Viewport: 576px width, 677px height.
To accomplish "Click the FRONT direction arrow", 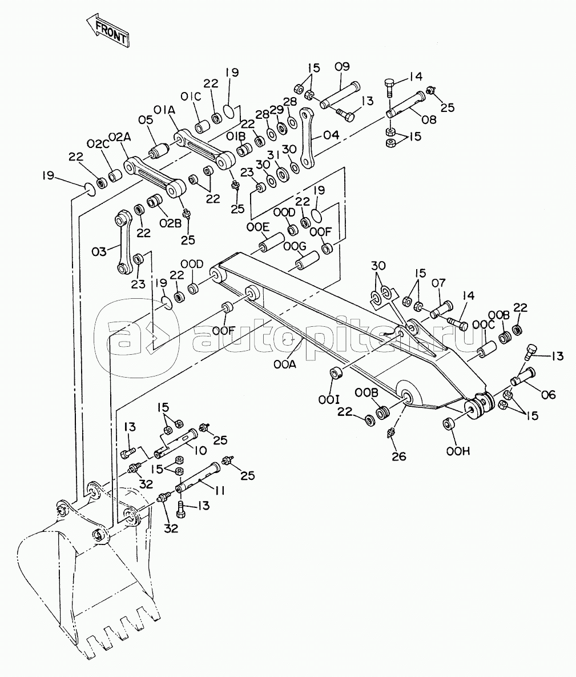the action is point(107,31).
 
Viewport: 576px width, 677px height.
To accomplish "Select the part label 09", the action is point(342,67).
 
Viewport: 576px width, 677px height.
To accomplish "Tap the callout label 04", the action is point(331,135).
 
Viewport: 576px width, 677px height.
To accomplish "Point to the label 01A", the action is point(164,111).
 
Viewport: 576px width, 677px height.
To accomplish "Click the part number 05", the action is point(146,119).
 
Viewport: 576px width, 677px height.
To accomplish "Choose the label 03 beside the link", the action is point(99,252).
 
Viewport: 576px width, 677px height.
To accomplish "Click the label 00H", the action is point(458,451).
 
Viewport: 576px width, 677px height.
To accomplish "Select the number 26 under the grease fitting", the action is point(399,456).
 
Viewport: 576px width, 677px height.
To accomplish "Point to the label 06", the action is point(548,395).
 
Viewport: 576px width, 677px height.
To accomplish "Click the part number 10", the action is point(200,450).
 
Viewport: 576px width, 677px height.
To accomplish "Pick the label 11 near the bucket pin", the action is point(220,491).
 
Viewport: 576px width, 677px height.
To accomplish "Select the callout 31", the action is point(273,155).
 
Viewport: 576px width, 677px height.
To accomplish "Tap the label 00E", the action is point(258,227).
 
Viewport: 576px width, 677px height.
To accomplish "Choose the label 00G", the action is point(295,247).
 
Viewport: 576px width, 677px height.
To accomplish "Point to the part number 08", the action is point(429,119).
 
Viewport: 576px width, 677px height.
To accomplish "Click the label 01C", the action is point(191,97).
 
